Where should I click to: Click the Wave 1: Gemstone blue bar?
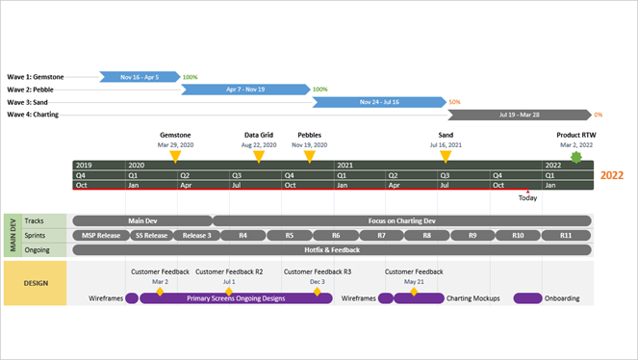click(140, 76)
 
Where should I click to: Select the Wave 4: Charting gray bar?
click(519, 115)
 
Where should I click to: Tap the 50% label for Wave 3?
click(454, 102)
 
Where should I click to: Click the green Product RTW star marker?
click(575, 156)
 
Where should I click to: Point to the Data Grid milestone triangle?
click(258, 155)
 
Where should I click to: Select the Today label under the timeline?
click(528, 198)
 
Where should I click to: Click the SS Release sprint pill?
click(150, 235)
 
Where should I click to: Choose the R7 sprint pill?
click(381, 235)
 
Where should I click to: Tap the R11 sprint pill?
click(565, 235)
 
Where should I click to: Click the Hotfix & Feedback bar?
click(332, 249)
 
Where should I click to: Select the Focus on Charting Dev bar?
click(401, 220)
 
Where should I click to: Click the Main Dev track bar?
click(141, 220)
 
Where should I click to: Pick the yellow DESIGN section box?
click(36, 283)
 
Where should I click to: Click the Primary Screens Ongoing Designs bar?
click(236, 298)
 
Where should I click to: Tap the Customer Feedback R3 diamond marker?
click(317, 291)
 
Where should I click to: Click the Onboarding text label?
click(562, 298)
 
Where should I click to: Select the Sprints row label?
click(36, 235)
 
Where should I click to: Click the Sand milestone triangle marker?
click(446, 155)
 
